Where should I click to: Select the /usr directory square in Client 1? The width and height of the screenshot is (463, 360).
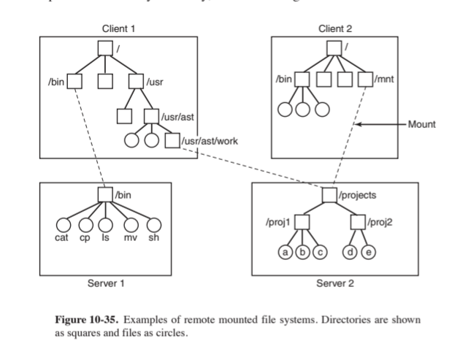tap(136, 80)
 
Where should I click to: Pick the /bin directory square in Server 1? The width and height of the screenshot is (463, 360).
tap(106, 194)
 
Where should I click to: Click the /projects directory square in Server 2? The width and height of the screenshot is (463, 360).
tap(330, 195)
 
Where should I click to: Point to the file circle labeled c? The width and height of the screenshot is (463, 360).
tap(319, 252)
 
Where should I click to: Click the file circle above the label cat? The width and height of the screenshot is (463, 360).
tap(64, 226)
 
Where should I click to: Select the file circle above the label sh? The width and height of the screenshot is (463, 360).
tap(155, 226)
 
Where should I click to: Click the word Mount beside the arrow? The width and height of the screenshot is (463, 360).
tap(421, 125)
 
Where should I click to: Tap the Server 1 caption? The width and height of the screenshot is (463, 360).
tap(106, 283)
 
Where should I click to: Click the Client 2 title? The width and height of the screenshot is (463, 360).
tap(335, 28)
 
